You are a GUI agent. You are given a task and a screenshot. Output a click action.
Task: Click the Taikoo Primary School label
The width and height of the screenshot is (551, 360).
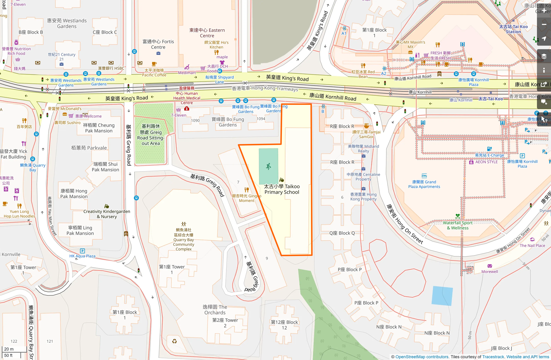point(282,189)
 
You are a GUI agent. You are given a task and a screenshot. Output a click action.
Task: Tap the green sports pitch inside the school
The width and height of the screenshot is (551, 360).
point(268,166)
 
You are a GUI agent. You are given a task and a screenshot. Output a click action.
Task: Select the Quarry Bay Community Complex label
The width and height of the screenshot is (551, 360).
point(183,239)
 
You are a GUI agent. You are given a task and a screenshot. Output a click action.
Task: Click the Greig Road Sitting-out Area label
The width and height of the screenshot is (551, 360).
point(151,135)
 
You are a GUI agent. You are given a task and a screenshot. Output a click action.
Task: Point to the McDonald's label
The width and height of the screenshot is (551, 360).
point(65,109)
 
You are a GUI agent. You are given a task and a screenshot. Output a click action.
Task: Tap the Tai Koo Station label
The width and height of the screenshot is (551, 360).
point(513,29)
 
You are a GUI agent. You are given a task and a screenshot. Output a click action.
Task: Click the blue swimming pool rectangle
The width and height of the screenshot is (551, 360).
point(442,296)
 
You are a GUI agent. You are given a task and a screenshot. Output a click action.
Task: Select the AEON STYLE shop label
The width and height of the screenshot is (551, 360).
point(486,162)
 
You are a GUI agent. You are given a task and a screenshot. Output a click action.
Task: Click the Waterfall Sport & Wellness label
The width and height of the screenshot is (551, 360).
point(457,225)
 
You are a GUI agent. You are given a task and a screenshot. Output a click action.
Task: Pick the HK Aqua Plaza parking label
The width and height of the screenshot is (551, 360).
point(82,256)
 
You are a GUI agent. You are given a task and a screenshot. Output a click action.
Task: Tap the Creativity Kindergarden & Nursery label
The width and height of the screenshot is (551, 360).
point(107,214)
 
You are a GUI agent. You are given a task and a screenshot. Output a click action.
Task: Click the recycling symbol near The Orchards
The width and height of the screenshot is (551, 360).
point(174,341)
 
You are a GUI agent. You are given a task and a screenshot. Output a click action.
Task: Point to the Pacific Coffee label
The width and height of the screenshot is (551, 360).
point(154,73)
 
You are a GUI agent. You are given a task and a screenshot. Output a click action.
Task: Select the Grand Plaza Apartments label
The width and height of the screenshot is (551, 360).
point(424,184)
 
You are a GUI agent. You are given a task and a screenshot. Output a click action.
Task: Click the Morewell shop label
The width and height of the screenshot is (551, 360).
point(490,271)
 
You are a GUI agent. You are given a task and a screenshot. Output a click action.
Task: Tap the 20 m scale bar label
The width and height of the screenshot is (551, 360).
point(9,349)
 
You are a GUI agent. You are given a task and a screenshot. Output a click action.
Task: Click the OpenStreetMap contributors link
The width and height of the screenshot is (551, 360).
point(422,357)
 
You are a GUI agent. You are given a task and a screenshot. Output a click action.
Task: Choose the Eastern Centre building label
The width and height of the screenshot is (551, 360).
point(207,33)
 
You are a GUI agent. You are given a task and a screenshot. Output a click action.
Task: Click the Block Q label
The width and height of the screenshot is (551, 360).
point(342,233)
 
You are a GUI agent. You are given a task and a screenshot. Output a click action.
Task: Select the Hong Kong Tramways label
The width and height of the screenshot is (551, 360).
point(265,88)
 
